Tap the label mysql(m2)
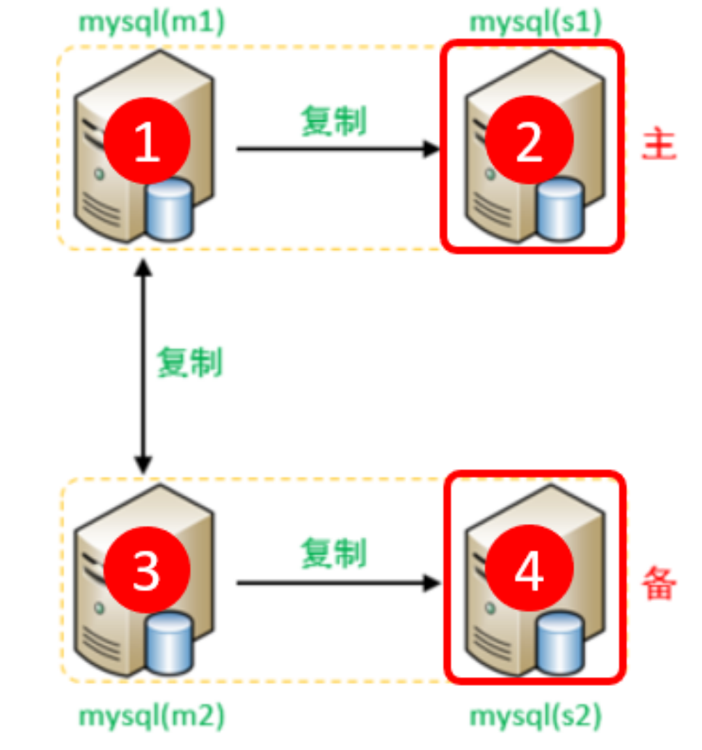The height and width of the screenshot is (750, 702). coord(152,715)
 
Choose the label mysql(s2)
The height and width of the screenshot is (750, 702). coord(536,715)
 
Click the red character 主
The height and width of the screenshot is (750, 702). coord(658,145)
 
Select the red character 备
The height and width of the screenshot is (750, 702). coord(658,583)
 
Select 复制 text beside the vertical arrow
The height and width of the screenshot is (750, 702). coord(189,362)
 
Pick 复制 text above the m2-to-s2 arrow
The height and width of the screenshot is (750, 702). coord(333,554)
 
